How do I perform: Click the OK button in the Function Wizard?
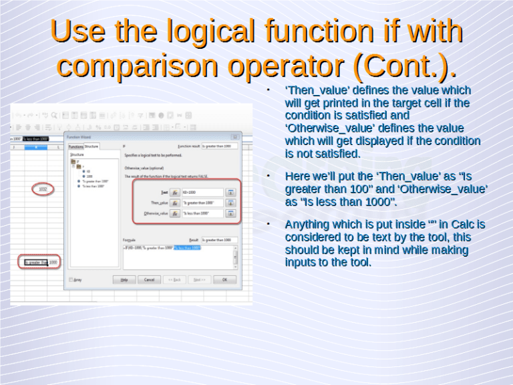tap(224, 279)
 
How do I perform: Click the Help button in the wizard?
tap(124, 279)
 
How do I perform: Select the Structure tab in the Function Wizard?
tap(92, 146)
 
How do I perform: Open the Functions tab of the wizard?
tap(75, 146)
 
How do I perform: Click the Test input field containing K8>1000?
tap(202, 192)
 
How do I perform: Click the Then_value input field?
tap(202, 203)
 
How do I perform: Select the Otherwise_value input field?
tap(202, 214)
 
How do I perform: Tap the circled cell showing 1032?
tap(43, 190)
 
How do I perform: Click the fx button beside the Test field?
tap(174, 192)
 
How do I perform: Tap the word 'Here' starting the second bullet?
tap(298, 176)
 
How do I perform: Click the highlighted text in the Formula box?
tap(187, 248)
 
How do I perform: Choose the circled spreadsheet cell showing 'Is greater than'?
tap(36, 262)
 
